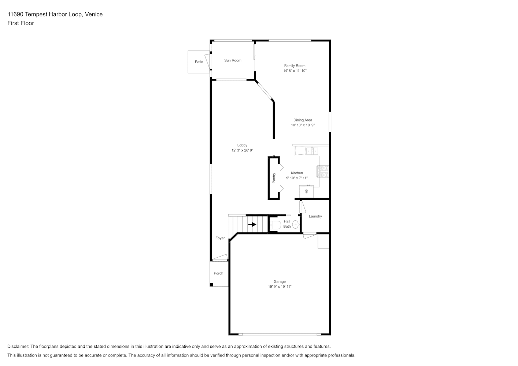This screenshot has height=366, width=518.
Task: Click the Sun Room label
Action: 233,60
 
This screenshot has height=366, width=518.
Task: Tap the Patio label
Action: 199,62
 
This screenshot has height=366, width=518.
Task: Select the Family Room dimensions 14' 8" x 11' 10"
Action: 295,71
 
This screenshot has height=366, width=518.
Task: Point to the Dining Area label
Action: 303,120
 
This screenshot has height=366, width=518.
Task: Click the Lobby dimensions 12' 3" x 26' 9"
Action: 242,150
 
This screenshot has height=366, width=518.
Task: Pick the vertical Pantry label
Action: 274,178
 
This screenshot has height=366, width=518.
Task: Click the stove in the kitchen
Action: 323,171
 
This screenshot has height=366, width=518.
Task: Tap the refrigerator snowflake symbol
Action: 306,191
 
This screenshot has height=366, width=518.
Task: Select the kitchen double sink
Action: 312,151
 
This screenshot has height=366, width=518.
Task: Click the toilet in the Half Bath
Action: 275,225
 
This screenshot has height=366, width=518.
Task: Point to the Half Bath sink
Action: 296,224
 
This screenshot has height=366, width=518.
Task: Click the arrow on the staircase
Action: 252,224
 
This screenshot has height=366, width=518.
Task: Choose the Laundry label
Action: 315,216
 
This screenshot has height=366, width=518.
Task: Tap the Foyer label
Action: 220,238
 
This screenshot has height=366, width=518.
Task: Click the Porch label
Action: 218,273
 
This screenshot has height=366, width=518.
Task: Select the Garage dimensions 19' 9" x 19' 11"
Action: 280,287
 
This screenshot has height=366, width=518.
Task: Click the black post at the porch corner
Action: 211,285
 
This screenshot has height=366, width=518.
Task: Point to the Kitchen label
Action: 297,173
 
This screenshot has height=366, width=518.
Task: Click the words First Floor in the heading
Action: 21,23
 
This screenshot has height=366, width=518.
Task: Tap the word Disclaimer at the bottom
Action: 18,346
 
